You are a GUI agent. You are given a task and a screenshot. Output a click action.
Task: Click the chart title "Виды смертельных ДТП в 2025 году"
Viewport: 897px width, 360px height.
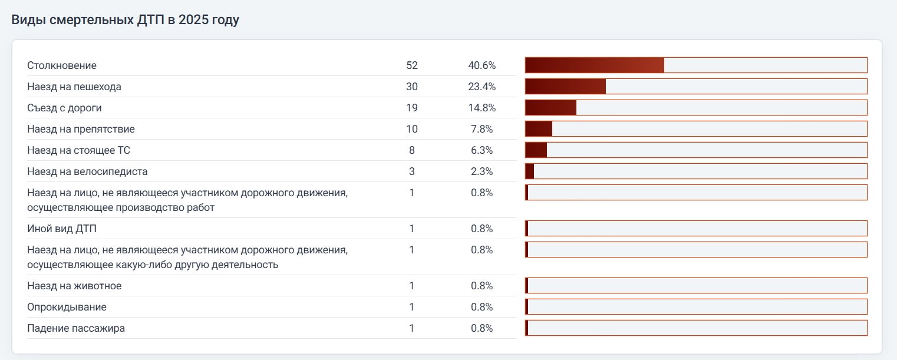coord(125,19)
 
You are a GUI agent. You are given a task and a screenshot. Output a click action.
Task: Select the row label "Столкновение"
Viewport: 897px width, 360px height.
coord(62,65)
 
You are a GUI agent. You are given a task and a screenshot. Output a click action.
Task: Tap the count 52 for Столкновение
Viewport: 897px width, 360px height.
coord(412,65)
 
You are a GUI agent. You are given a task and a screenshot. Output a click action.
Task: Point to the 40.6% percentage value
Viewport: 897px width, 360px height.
coord(482,65)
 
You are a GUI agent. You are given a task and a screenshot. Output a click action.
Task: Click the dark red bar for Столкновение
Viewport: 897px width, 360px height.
coord(594,65)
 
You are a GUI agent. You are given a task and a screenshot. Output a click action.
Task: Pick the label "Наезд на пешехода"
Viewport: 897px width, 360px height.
coord(74,87)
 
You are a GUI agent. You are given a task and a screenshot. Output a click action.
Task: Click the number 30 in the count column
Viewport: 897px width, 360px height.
coord(412,87)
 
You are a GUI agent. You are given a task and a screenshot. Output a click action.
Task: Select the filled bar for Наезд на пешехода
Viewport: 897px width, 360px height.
coord(565,86)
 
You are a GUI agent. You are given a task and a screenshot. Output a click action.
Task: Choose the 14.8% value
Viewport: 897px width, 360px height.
coord(482,108)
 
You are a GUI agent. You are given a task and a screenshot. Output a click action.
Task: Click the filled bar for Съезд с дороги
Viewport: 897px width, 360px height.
coord(550,107)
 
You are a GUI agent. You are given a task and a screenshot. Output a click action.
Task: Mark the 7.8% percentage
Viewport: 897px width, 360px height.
coord(482,129)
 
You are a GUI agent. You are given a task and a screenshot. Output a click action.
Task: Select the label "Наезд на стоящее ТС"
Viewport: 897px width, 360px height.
coord(78,150)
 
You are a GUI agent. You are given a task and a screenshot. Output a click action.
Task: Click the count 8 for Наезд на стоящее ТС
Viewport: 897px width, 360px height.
coord(412,150)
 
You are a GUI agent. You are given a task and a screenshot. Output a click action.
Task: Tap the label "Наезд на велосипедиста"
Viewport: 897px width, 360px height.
coord(87,171)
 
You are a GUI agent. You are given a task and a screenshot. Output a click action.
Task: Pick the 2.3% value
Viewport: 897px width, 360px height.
coord(482,171)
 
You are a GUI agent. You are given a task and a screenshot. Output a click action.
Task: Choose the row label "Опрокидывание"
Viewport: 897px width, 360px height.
coord(67,307)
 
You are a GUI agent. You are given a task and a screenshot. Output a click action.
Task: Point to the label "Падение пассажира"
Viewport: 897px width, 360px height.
coord(76,328)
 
